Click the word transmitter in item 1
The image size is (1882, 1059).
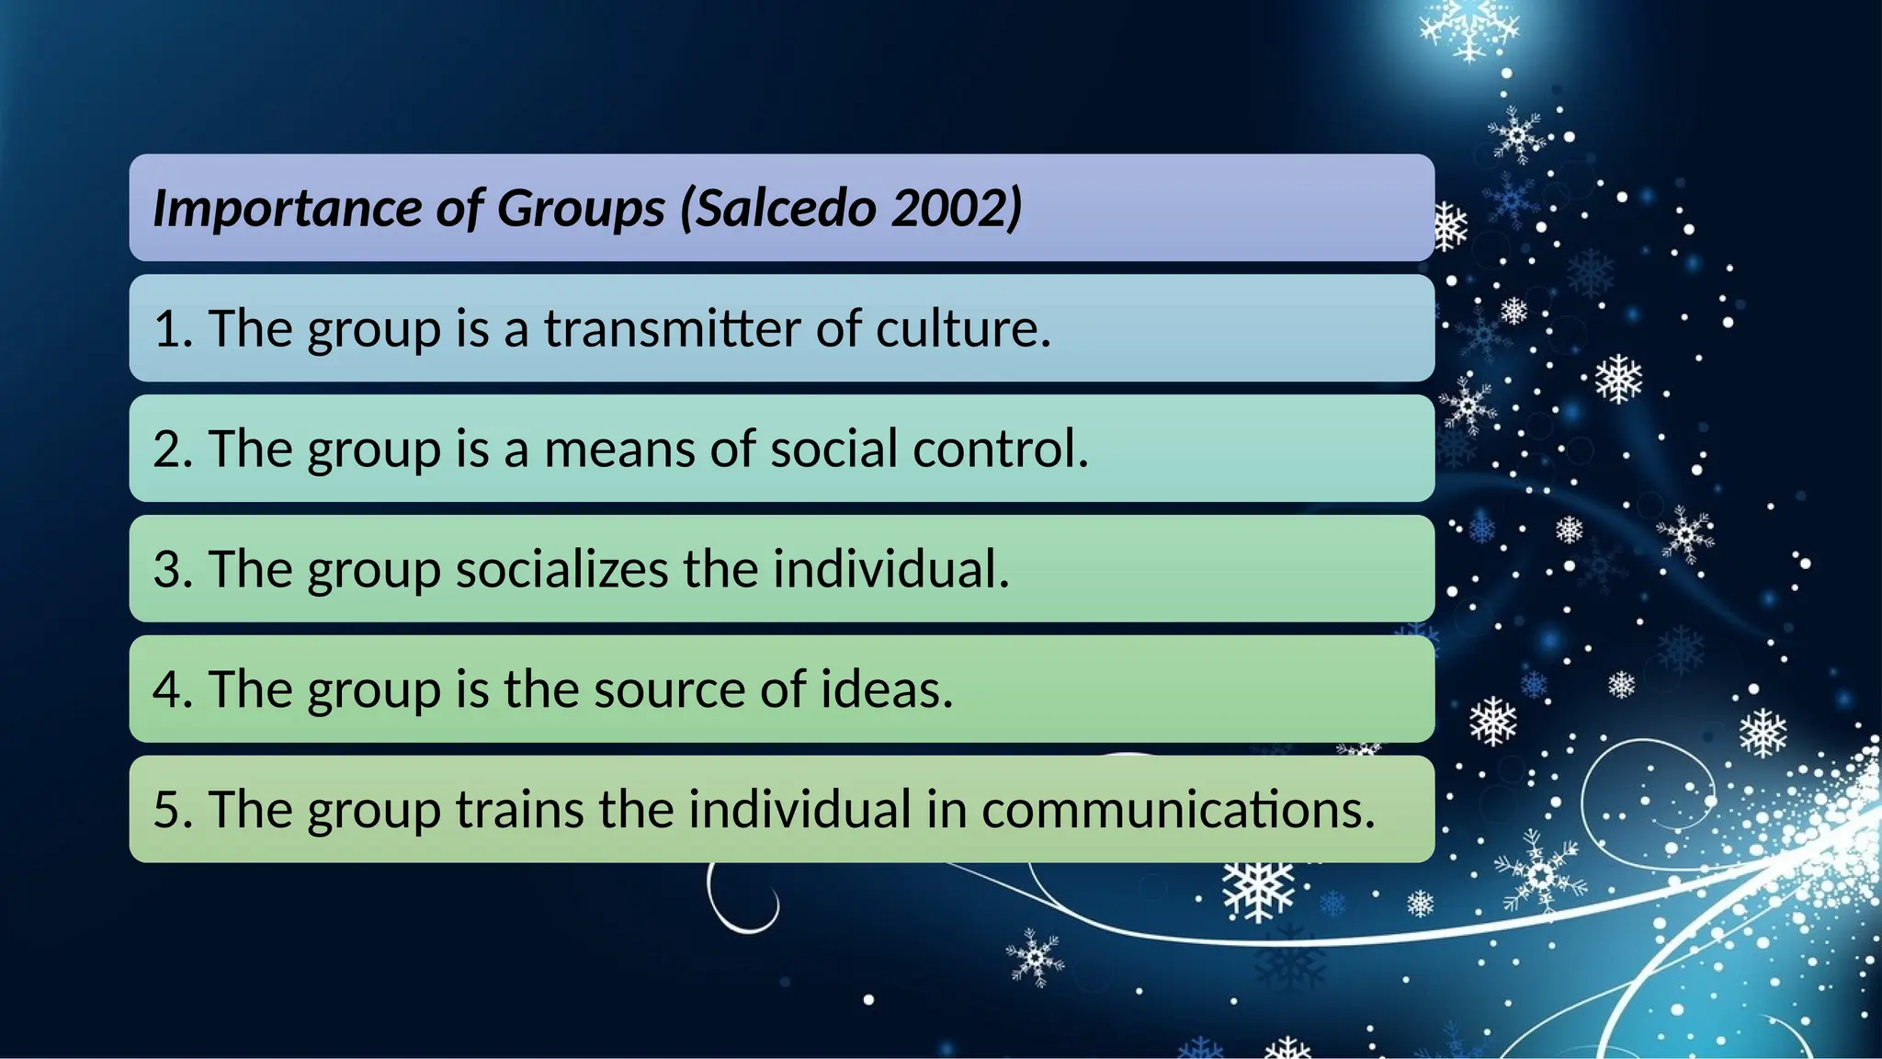coord(672,328)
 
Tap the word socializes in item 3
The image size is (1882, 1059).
coord(561,569)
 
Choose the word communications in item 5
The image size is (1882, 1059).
coord(1177,810)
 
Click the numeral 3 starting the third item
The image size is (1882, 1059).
coord(168,569)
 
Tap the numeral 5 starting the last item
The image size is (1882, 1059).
coord(168,810)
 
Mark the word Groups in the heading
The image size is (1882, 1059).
coord(581,209)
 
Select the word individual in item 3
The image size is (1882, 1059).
coord(889,569)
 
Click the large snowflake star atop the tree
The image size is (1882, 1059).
coord(1468,28)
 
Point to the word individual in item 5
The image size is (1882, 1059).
coord(799,810)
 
